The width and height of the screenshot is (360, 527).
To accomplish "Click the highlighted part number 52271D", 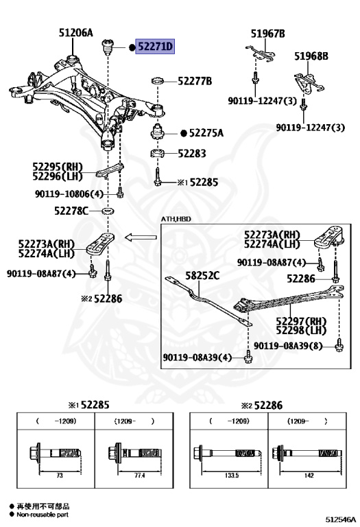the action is [x=155, y=46].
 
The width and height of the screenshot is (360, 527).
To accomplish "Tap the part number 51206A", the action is [x=76, y=33].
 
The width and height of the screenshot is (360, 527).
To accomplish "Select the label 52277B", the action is [x=195, y=81].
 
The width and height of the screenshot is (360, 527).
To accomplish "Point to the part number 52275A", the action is [x=206, y=133].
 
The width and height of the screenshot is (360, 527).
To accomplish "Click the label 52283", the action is [x=192, y=153].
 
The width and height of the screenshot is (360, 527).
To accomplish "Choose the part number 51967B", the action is [x=267, y=34].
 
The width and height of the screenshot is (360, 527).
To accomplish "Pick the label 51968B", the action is [x=311, y=56].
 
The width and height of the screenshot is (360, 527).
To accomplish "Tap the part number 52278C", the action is [x=71, y=211].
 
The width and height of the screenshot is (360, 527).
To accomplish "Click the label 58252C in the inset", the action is [x=202, y=276].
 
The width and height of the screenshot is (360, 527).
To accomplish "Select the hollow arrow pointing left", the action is [x=141, y=237].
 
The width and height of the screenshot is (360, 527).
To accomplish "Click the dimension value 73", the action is [x=60, y=476].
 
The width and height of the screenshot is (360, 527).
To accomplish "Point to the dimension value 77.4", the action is [x=139, y=476].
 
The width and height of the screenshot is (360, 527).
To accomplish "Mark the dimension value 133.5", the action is [x=232, y=476].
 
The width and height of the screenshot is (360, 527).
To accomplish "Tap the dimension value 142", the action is [x=309, y=476].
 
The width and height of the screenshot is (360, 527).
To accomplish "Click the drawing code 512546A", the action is [x=340, y=520].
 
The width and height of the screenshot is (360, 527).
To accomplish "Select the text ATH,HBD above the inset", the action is [x=176, y=219].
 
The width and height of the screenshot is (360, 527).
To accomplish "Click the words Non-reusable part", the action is [x=43, y=515].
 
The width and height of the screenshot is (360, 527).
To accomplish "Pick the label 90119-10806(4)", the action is [x=69, y=194].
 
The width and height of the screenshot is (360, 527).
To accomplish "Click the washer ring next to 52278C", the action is [x=108, y=211].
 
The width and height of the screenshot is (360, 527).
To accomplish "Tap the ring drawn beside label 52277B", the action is [x=158, y=81].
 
